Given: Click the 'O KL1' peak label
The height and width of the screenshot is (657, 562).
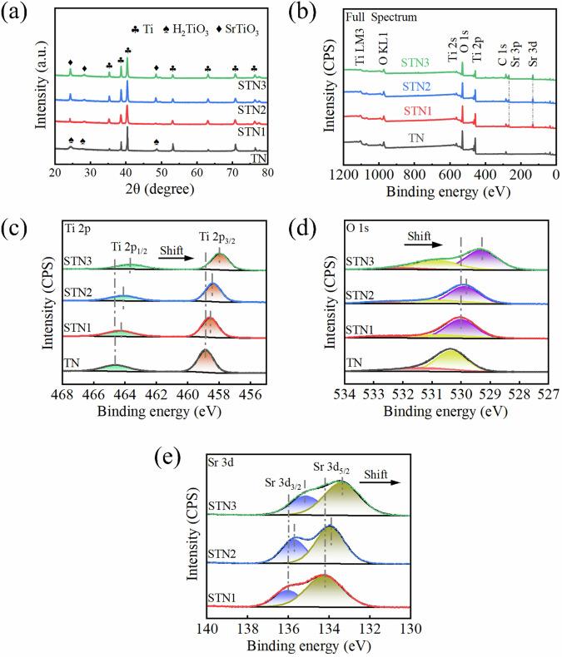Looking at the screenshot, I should pos(383,49).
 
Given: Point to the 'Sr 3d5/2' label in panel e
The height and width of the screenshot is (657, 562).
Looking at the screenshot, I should pos(331,468).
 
